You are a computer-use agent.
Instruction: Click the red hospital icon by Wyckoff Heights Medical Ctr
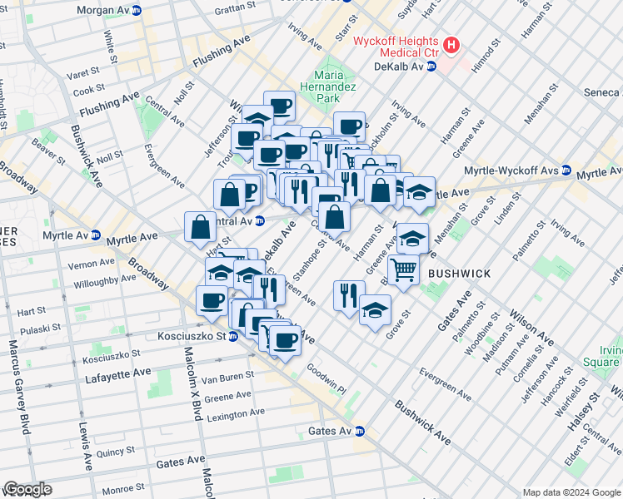[451, 45]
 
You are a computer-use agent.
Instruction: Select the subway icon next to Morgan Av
[136, 10]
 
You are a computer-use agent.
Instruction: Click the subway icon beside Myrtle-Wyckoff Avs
[566, 172]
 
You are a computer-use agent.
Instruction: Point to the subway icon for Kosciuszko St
[233, 336]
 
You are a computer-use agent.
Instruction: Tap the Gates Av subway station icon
[360, 431]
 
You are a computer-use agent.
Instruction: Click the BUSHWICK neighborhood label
[459, 273]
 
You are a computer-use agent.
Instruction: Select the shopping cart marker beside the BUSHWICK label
[403, 269]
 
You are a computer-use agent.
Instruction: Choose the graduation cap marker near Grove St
[375, 311]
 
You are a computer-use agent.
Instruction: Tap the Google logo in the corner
[27, 489]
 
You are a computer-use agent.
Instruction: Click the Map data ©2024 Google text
[571, 492]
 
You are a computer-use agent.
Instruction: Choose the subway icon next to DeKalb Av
[431, 67]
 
